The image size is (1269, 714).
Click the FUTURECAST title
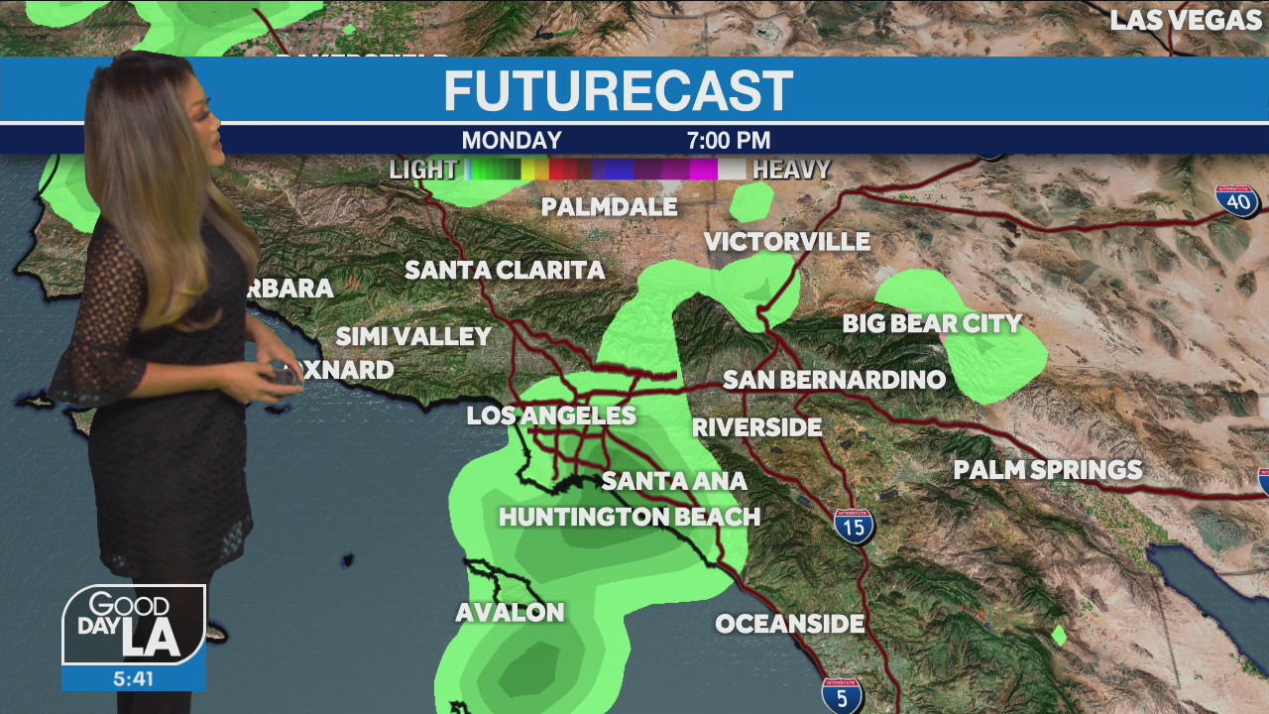click(x=618, y=91)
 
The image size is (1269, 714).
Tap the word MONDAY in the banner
click(x=512, y=141)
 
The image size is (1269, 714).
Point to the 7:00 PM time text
click(x=729, y=141)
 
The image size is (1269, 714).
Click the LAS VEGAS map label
click(x=1185, y=21)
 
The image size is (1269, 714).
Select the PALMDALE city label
click(x=609, y=207)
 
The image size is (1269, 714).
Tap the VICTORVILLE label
click(x=787, y=242)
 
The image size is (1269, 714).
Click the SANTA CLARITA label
click(x=505, y=270)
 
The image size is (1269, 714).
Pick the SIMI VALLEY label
click(x=413, y=337)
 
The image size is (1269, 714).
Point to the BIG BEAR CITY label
click(x=932, y=323)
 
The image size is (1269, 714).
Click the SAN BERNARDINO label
click(x=834, y=380)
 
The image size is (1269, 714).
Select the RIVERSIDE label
click(x=756, y=427)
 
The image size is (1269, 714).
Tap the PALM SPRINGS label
click(x=1048, y=470)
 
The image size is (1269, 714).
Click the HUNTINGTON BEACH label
click(x=630, y=517)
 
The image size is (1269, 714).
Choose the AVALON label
click(x=510, y=613)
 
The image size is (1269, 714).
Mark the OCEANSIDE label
click(x=790, y=624)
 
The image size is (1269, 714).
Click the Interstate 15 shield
click(x=854, y=526)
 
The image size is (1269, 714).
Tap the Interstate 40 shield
click(x=1237, y=201)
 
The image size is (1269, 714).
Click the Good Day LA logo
click(x=134, y=626)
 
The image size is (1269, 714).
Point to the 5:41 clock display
click(x=133, y=679)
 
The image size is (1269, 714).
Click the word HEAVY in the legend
click(x=791, y=170)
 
